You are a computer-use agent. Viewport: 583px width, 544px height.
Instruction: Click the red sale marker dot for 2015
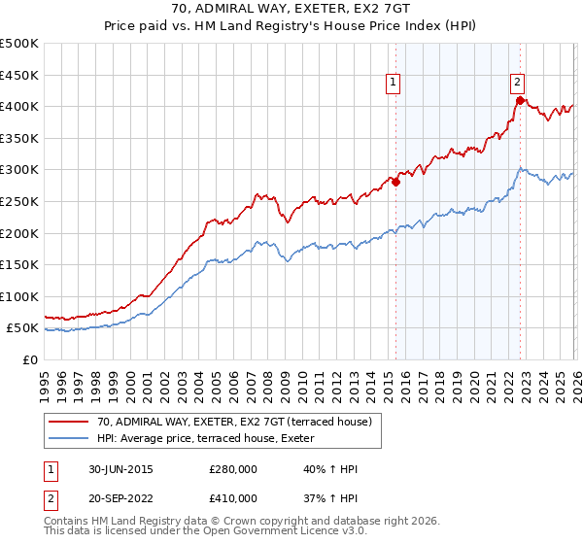point(395,182)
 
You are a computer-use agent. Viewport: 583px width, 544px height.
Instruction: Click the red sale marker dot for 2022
point(520,100)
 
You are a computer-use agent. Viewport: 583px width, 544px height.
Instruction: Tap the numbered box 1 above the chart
point(394,83)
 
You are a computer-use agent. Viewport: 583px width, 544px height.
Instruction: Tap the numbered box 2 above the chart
point(518,83)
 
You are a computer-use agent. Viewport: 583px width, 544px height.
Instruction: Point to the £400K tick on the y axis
point(19,106)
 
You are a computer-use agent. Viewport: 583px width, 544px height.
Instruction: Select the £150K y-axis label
point(19,264)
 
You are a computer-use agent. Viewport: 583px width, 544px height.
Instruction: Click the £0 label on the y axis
point(31,359)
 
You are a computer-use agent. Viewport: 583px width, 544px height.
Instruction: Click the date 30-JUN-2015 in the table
point(120,469)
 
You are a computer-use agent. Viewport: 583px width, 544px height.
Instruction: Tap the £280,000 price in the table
point(233,469)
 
